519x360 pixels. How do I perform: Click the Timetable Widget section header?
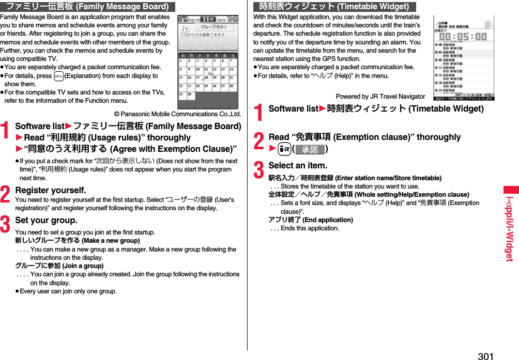tap(334, 7)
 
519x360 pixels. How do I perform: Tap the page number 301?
tap(485, 356)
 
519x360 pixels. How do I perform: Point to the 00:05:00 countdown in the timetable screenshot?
tap(466, 37)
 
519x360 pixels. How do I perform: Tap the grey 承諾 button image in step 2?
tap(310, 150)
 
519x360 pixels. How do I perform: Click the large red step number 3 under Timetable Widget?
tap(259, 170)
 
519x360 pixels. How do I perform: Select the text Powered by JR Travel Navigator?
tap(380, 97)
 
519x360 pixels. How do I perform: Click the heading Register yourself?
tap(51, 191)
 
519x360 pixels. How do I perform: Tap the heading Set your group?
tap(47, 221)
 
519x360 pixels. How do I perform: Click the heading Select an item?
tap(298, 166)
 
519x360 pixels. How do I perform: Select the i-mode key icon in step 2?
tap(280, 150)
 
